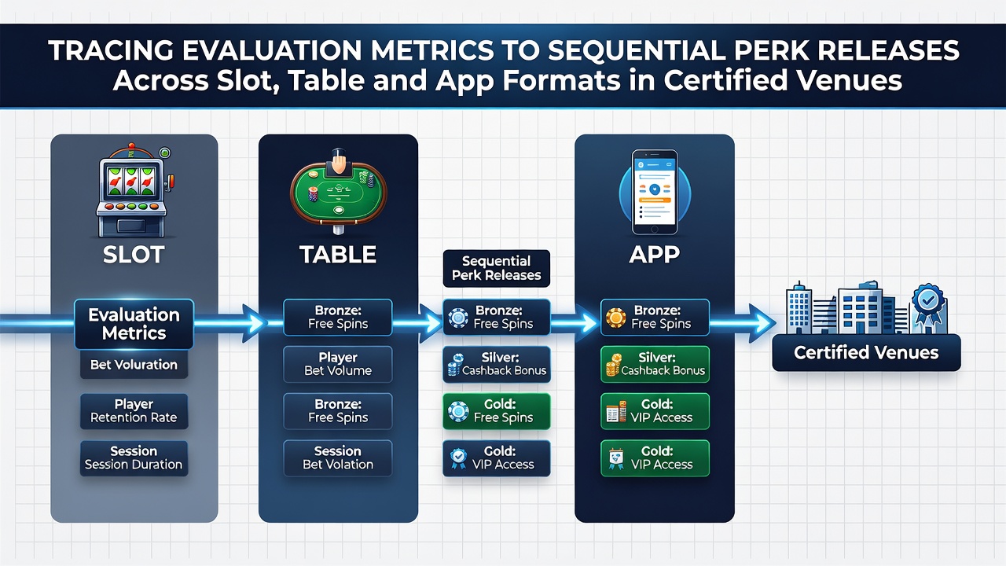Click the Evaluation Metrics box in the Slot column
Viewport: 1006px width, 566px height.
pyautogui.click(x=134, y=324)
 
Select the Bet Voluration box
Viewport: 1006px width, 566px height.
pyautogui.click(x=134, y=365)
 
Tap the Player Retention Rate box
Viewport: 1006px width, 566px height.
pyautogui.click(x=134, y=411)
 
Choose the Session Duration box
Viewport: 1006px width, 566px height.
pyautogui.click(x=134, y=458)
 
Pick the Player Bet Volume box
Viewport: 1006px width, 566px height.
pyautogui.click(x=338, y=364)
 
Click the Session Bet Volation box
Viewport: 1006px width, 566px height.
pyautogui.click(x=338, y=458)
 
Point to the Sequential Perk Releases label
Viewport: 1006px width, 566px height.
pyautogui.click(x=496, y=268)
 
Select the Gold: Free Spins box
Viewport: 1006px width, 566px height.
pyautogui.click(x=496, y=411)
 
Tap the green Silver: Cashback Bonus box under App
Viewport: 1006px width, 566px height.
pyautogui.click(x=655, y=364)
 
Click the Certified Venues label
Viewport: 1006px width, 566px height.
pyautogui.click(x=866, y=353)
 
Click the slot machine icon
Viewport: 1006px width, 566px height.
pyautogui.click(x=134, y=191)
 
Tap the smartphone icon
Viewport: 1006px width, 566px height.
pyautogui.click(x=655, y=192)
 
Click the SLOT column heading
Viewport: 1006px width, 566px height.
pyautogui.click(x=134, y=255)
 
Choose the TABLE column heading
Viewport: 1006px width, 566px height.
pyautogui.click(x=338, y=255)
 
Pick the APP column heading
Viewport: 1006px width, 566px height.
pyautogui.click(x=655, y=255)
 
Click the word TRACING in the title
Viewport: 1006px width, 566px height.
pyautogui.click(x=111, y=50)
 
